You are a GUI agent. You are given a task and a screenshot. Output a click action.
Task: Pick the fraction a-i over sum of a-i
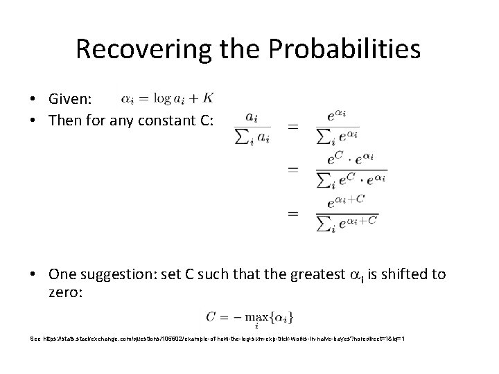(x=252, y=127)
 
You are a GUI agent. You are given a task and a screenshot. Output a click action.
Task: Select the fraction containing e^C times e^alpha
(x=350, y=168)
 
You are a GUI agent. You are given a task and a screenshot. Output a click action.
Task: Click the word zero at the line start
(x=64, y=293)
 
